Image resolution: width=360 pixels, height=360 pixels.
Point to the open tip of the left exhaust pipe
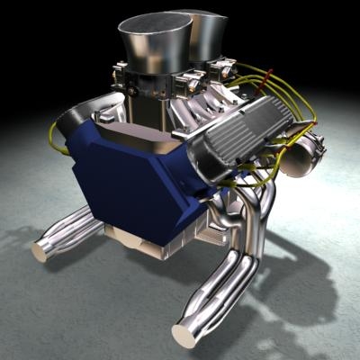click(42, 250)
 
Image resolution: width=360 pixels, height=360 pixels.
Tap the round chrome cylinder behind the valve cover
click(297, 148)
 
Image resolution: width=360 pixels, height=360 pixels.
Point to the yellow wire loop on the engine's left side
click(56, 135)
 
